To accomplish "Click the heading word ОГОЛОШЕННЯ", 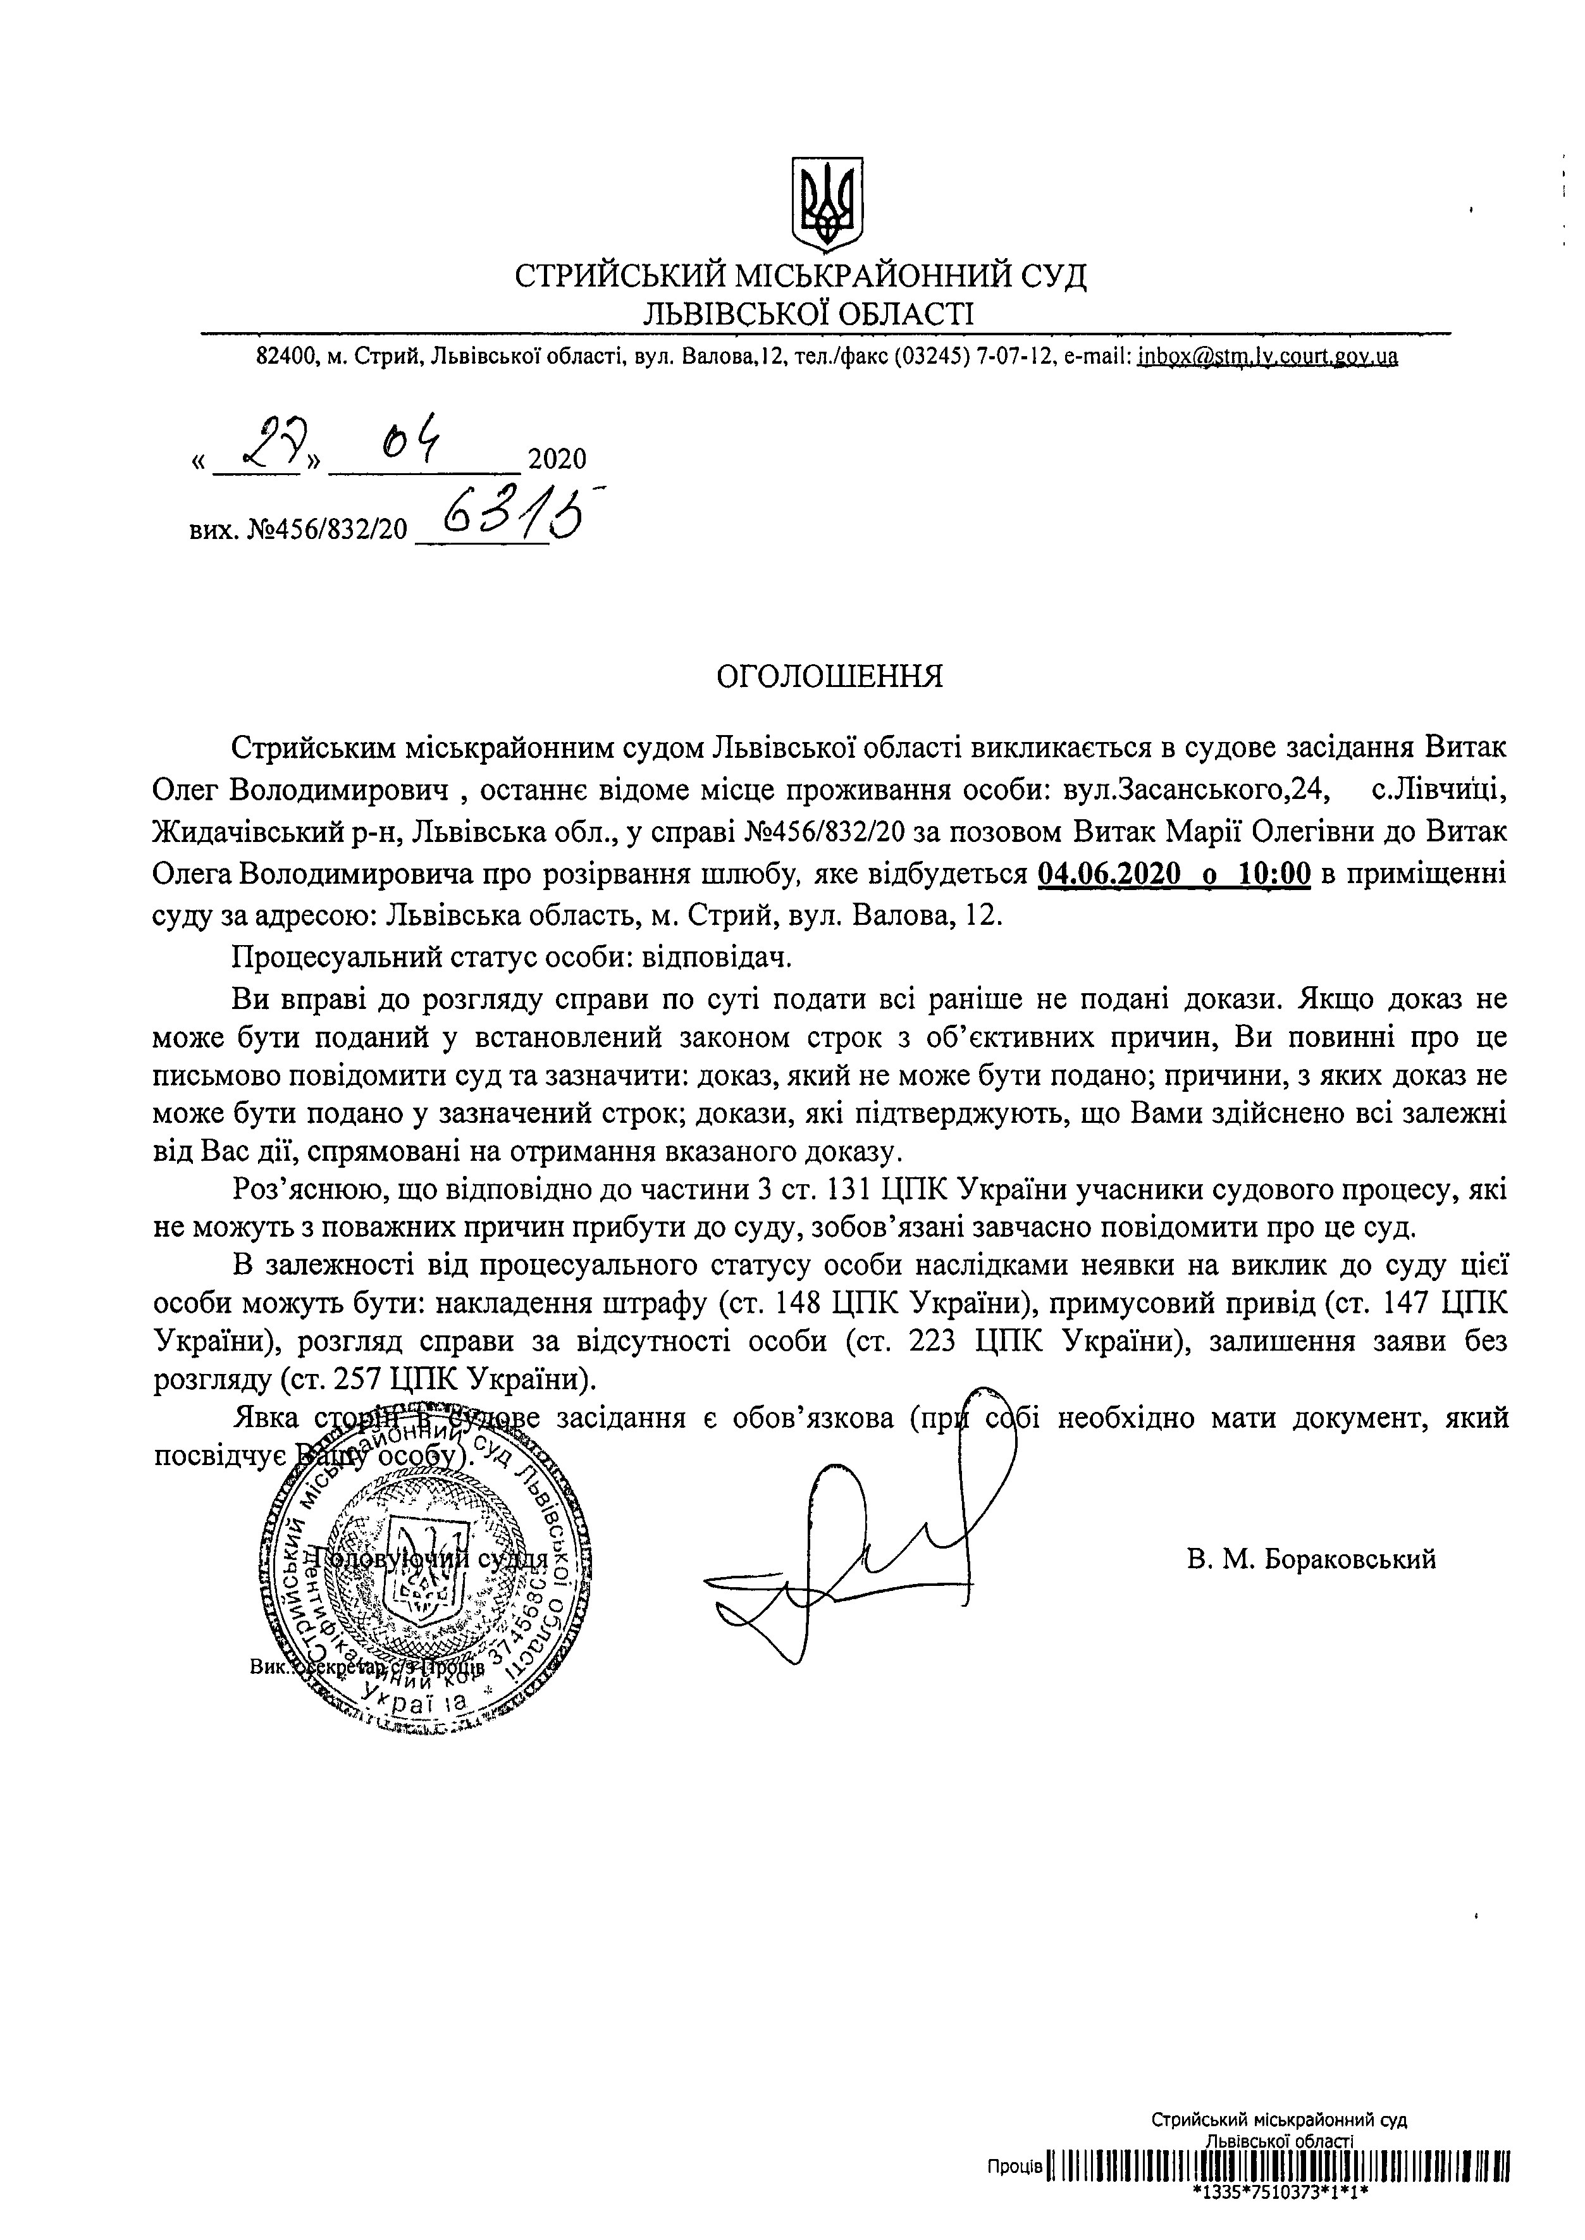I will [830, 676].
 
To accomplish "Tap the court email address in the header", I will [1267, 357].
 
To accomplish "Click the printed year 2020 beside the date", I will [557, 459].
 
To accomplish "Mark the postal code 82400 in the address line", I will [286, 357].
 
